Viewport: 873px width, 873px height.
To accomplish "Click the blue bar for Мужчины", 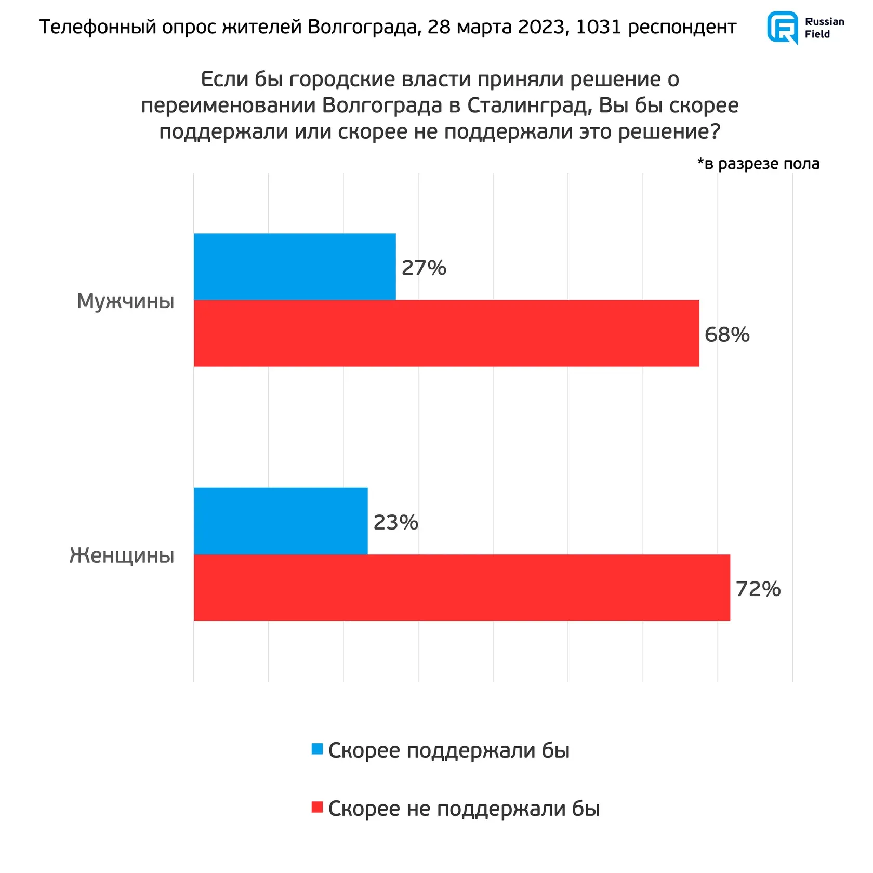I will tap(295, 267).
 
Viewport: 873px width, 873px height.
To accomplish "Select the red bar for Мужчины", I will tap(446, 333).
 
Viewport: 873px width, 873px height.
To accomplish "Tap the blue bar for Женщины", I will tap(281, 521).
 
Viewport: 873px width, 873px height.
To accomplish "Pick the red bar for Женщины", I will tap(462, 587).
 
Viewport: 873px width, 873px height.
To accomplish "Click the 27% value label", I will tap(424, 268).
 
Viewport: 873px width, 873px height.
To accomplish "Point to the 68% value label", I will tap(727, 335).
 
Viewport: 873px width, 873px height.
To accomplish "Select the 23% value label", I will tap(396, 522).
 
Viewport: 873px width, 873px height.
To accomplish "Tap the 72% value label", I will tap(758, 589).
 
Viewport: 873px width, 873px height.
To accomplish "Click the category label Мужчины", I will tap(126, 301).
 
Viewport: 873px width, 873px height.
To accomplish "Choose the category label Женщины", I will tap(122, 555).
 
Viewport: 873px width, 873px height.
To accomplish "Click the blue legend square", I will tap(317, 749).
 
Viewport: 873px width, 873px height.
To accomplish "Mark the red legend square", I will tap(317, 807).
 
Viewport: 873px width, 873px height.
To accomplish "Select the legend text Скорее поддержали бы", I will tap(449, 750).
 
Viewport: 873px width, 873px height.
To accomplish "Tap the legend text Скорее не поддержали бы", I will tap(464, 809).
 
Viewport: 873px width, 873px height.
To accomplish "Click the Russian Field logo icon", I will tap(783, 27).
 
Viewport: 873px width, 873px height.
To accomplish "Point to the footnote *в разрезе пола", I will tap(758, 164).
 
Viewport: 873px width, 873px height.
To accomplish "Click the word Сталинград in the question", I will tap(530, 105).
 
